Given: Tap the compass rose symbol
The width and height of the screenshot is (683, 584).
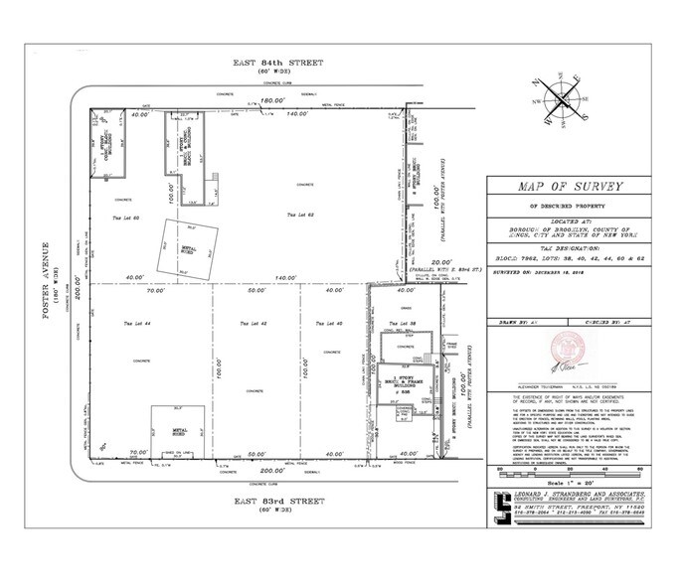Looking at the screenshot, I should click(x=564, y=100).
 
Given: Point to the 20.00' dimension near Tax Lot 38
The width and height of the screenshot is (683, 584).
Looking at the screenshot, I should click(x=403, y=263).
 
